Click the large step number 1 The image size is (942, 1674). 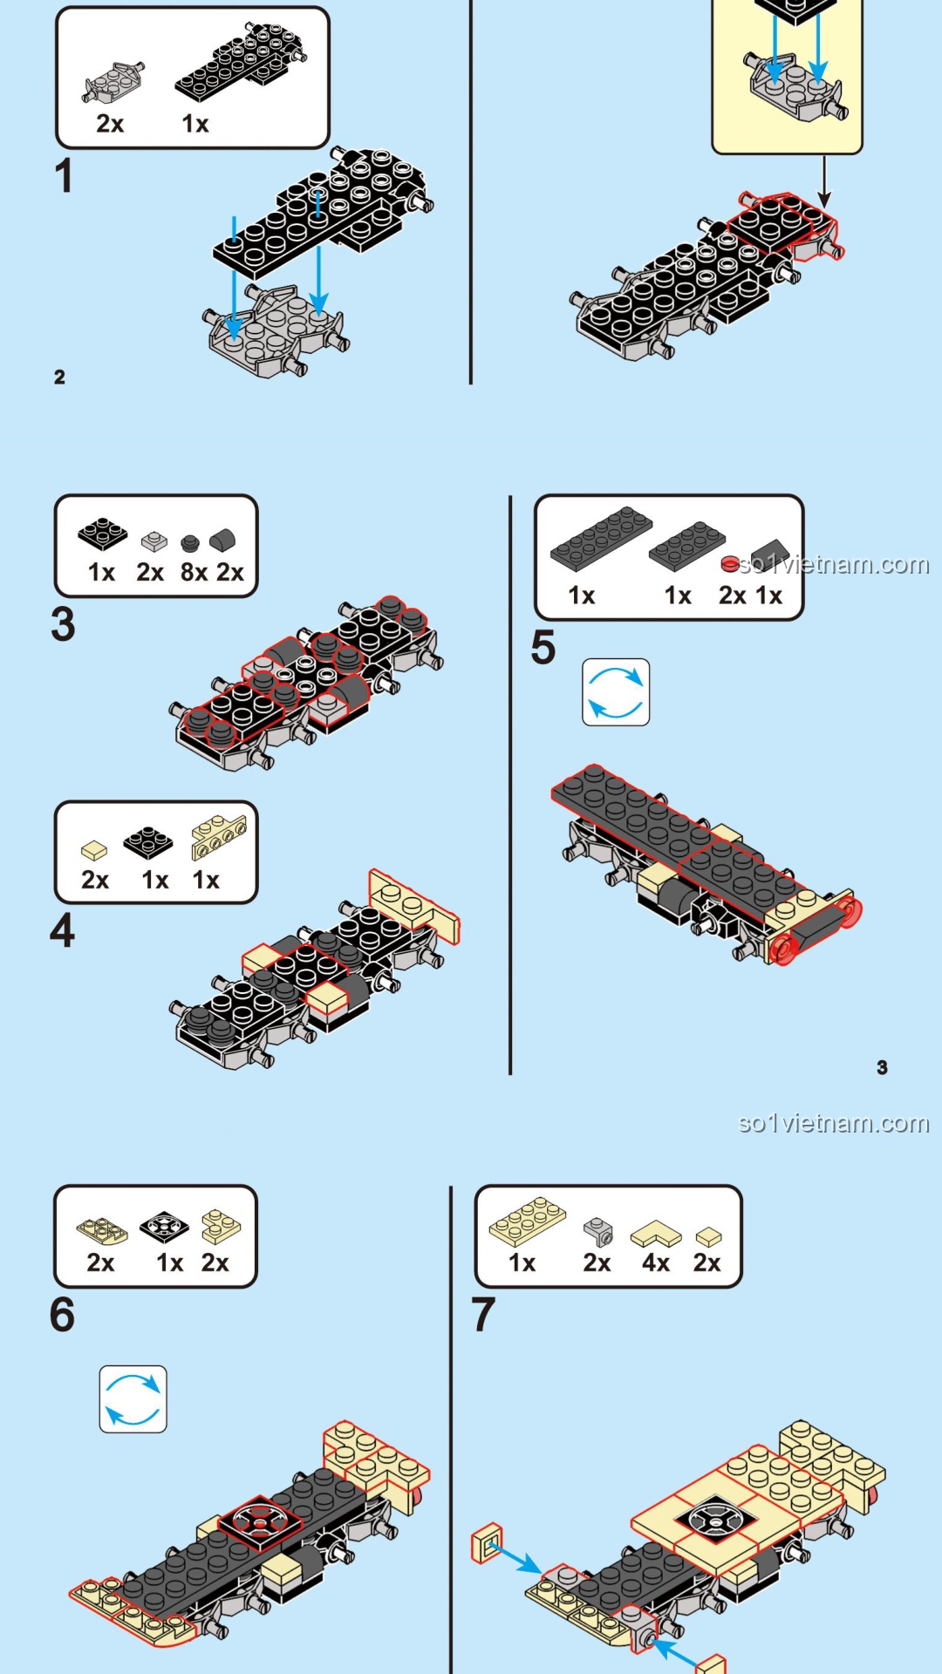tap(63, 176)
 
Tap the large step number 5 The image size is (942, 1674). tap(543, 648)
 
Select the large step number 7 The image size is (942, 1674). tap(483, 1315)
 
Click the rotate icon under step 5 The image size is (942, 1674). tap(616, 692)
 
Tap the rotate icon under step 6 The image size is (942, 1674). tap(133, 1398)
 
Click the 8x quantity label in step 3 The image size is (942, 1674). tap(194, 572)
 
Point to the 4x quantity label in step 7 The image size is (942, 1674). tap(655, 1262)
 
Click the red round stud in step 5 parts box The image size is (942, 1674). tap(730, 564)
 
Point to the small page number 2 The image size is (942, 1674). tap(59, 377)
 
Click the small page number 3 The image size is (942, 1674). tap(882, 1067)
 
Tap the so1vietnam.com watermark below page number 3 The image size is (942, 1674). tap(833, 1123)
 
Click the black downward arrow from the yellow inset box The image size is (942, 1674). tap(823, 183)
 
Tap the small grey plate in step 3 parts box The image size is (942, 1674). tap(154, 541)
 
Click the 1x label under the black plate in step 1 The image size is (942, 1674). tap(195, 124)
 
